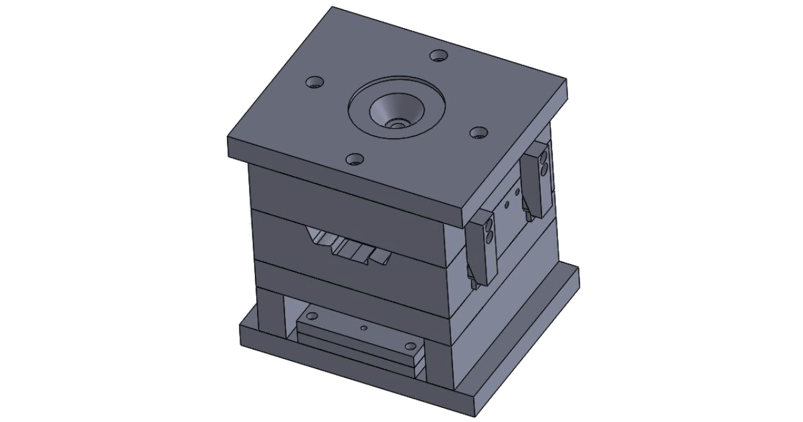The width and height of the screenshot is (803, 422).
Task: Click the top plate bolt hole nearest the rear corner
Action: point(439,55)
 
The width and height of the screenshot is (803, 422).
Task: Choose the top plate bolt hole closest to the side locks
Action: point(477,133)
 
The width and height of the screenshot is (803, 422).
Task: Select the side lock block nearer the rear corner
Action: point(539,181)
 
